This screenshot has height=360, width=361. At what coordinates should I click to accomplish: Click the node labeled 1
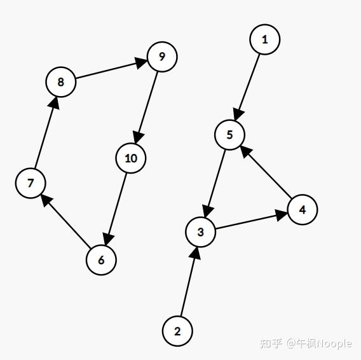(265, 39)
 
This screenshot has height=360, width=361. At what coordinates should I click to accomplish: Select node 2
(177, 331)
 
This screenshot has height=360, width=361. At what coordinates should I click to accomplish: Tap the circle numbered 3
(201, 232)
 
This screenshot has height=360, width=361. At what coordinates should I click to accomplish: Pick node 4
(303, 209)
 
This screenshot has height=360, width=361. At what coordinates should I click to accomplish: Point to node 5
(229, 135)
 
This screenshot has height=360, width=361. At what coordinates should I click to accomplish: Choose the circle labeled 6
(101, 260)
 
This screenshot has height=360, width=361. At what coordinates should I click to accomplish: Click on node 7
(31, 183)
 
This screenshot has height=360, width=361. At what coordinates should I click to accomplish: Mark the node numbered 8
(61, 82)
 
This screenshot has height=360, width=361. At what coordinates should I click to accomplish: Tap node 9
(162, 57)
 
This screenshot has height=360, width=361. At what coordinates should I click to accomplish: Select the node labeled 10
(131, 158)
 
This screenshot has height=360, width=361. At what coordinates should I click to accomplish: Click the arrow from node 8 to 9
(111, 69)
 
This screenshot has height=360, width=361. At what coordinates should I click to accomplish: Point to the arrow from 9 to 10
(146, 107)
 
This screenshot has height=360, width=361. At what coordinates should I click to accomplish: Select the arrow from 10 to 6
(116, 209)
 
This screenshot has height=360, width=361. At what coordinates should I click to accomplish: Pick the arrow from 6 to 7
(65, 221)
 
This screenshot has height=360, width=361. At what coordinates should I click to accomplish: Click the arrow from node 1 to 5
(247, 87)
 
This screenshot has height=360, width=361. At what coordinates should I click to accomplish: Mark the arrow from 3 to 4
(252, 221)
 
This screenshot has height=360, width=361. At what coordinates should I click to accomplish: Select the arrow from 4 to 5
(266, 172)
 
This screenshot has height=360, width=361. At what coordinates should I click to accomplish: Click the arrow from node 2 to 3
(189, 282)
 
